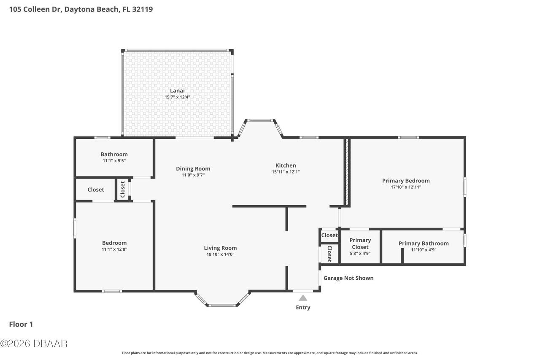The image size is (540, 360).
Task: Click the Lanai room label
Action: [177, 90]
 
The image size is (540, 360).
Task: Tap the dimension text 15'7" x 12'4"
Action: [177, 97]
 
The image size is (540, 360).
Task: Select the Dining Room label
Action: [193, 168]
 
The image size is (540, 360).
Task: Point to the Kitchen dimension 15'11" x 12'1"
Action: [286, 172]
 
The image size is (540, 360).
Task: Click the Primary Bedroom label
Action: [406, 181]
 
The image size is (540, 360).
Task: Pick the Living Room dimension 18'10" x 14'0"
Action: [220, 254]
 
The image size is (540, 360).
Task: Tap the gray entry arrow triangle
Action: [303, 298]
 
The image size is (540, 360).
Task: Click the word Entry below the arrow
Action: [303, 307]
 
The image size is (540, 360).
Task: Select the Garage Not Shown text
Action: [348, 278]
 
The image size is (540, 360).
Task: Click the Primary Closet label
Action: [360, 244]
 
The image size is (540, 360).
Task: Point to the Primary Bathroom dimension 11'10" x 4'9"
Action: [424, 250]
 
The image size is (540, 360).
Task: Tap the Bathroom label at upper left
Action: [114, 154]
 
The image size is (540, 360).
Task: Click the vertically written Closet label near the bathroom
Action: [123, 189]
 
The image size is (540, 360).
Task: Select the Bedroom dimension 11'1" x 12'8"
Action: [114, 249]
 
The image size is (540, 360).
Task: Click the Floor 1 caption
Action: [21, 324]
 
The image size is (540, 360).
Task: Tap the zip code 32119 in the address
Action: [142, 9]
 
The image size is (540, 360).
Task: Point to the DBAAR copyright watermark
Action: [34, 344]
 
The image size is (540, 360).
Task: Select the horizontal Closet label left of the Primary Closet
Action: [329, 235]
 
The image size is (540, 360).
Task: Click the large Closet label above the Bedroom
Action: [96, 189]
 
